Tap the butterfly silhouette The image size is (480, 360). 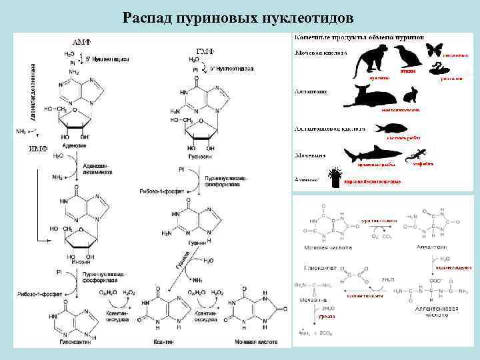434,50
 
